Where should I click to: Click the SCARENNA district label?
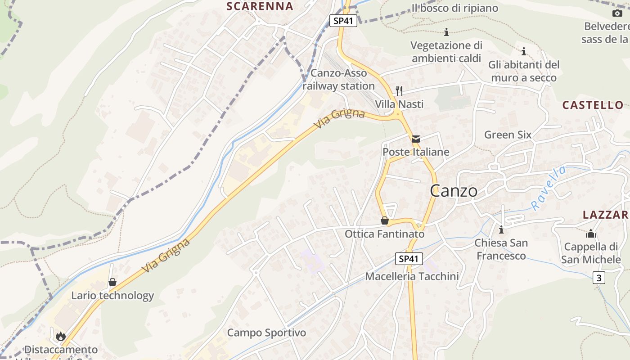(260, 6)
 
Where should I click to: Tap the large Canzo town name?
(454, 191)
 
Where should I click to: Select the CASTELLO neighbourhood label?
(593, 105)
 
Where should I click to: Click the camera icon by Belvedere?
(617, 13)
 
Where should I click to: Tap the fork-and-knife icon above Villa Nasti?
(399, 91)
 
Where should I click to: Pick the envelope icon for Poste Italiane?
(416, 139)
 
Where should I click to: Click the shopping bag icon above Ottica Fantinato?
(385, 220)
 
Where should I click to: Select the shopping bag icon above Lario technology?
(112, 282)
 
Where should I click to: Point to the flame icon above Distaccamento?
(61, 336)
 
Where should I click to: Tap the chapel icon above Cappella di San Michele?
(590, 234)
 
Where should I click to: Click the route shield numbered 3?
(598, 278)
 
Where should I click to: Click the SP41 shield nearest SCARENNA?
(343, 21)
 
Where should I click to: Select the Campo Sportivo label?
(266, 333)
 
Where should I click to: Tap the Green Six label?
(508, 135)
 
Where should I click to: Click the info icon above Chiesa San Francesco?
(501, 230)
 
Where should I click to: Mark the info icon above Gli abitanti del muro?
(523, 51)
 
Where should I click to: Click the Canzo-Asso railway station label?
(338, 79)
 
